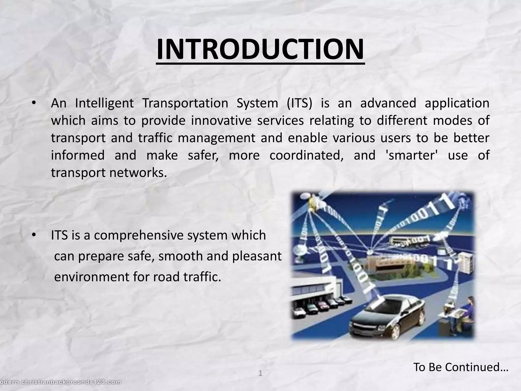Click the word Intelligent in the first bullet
point(104,103)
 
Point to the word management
point(216,138)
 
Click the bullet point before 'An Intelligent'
point(33,103)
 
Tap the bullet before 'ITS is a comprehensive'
point(33,235)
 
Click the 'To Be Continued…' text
point(460,367)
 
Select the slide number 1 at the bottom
point(260,373)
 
